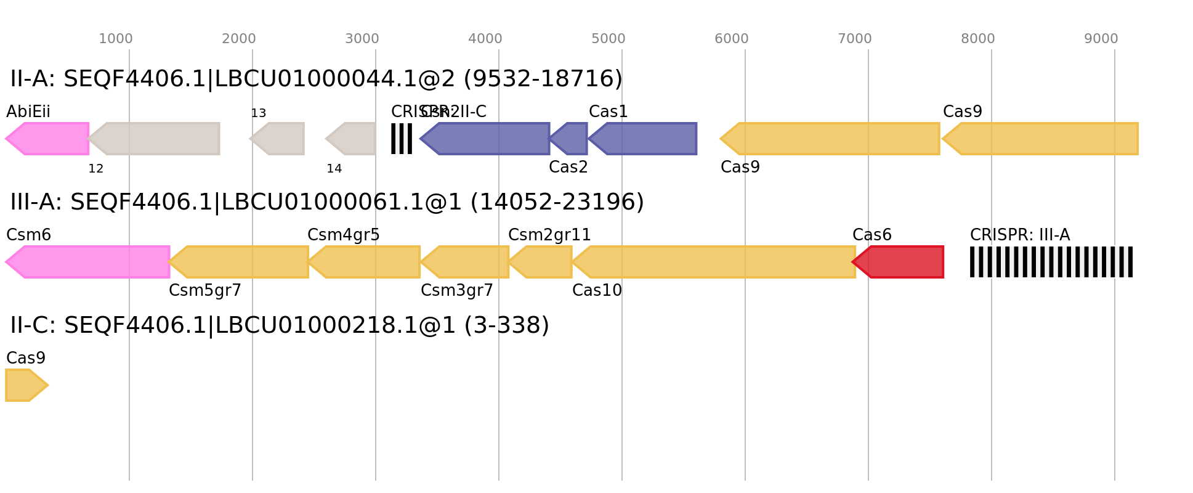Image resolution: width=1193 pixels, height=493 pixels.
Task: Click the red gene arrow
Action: tap(899, 262)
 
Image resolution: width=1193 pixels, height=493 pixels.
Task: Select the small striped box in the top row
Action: tap(402, 139)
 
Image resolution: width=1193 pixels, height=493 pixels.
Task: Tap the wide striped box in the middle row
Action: tap(1051, 262)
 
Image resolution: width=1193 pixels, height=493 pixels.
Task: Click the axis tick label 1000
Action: tap(116, 39)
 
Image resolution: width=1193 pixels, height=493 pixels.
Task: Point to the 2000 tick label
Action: tap(239, 39)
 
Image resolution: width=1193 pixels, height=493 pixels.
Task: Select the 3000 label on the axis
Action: tap(362, 39)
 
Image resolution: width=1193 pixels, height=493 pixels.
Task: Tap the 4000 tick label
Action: tap(485, 39)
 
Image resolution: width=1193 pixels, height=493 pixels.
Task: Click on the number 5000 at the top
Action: tap(609, 39)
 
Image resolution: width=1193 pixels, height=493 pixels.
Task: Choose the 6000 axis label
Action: tap(732, 39)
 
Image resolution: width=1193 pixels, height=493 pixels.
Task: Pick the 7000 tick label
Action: tap(855, 39)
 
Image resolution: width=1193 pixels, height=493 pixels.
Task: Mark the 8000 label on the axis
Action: tap(978, 39)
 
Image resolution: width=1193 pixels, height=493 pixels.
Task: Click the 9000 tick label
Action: tap(1101, 39)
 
